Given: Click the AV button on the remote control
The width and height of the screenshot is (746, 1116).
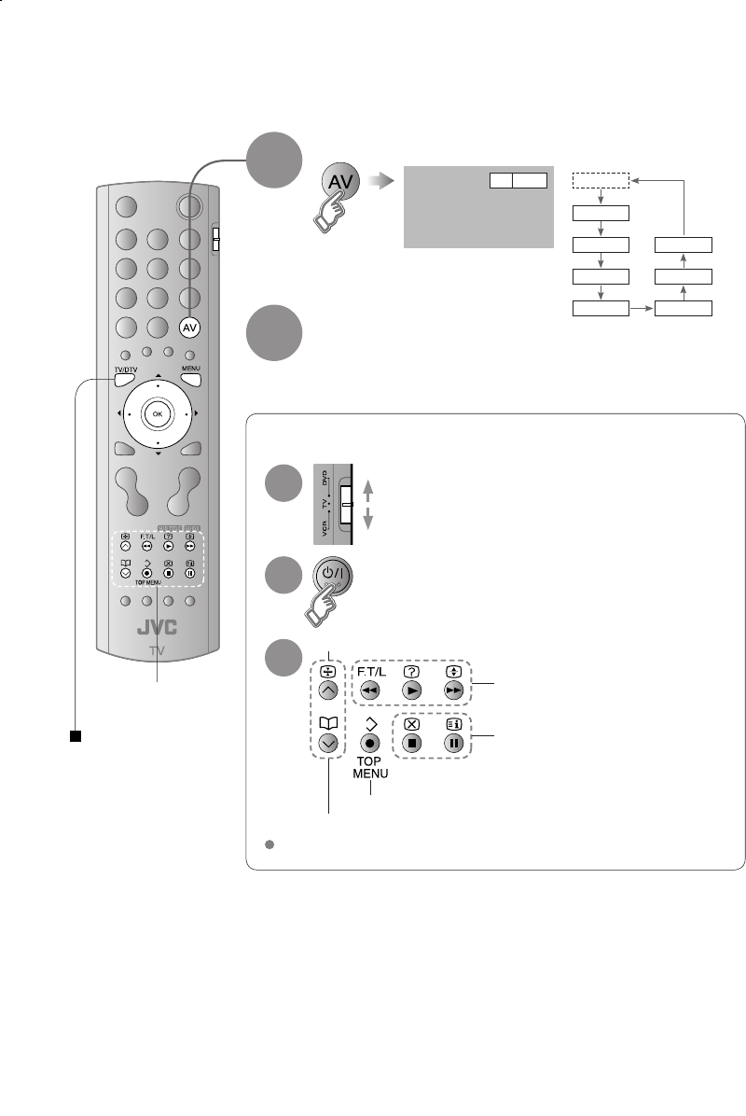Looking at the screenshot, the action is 189,328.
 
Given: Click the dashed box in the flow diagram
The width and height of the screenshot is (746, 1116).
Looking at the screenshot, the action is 601,179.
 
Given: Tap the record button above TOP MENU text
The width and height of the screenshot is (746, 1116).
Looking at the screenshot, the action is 371,746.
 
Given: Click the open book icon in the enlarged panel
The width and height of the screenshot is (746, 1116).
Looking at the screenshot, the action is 327,723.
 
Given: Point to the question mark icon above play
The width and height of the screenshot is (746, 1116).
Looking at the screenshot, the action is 412,671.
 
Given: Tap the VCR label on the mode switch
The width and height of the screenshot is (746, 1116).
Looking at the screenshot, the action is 324,533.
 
